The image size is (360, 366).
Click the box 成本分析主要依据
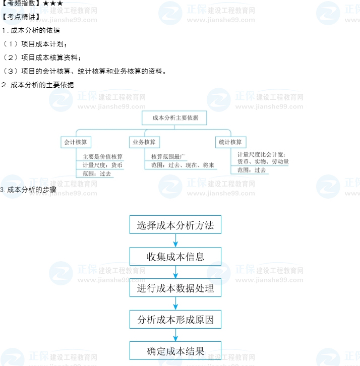[175, 118]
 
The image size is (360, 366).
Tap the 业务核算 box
[144, 142]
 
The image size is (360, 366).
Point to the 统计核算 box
[230, 142]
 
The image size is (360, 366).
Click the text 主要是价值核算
[102, 157]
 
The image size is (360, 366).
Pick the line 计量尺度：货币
[102, 165]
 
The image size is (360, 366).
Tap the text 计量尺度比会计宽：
[262, 154]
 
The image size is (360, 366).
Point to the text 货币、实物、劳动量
[263, 162]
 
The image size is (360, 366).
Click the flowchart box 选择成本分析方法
[175, 225]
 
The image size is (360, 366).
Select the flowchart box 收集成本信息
[175, 257]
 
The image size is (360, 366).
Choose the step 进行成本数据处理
[175, 288]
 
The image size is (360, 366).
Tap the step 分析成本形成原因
[175, 320]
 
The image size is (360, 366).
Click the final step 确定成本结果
[175, 351]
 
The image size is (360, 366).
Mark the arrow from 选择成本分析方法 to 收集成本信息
[175, 241]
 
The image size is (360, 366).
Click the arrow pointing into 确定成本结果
[175, 335]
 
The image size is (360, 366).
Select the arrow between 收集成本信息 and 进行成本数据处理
[175, 272]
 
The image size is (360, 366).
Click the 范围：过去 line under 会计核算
[97, 173]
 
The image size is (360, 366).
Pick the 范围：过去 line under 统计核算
[252, 170]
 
